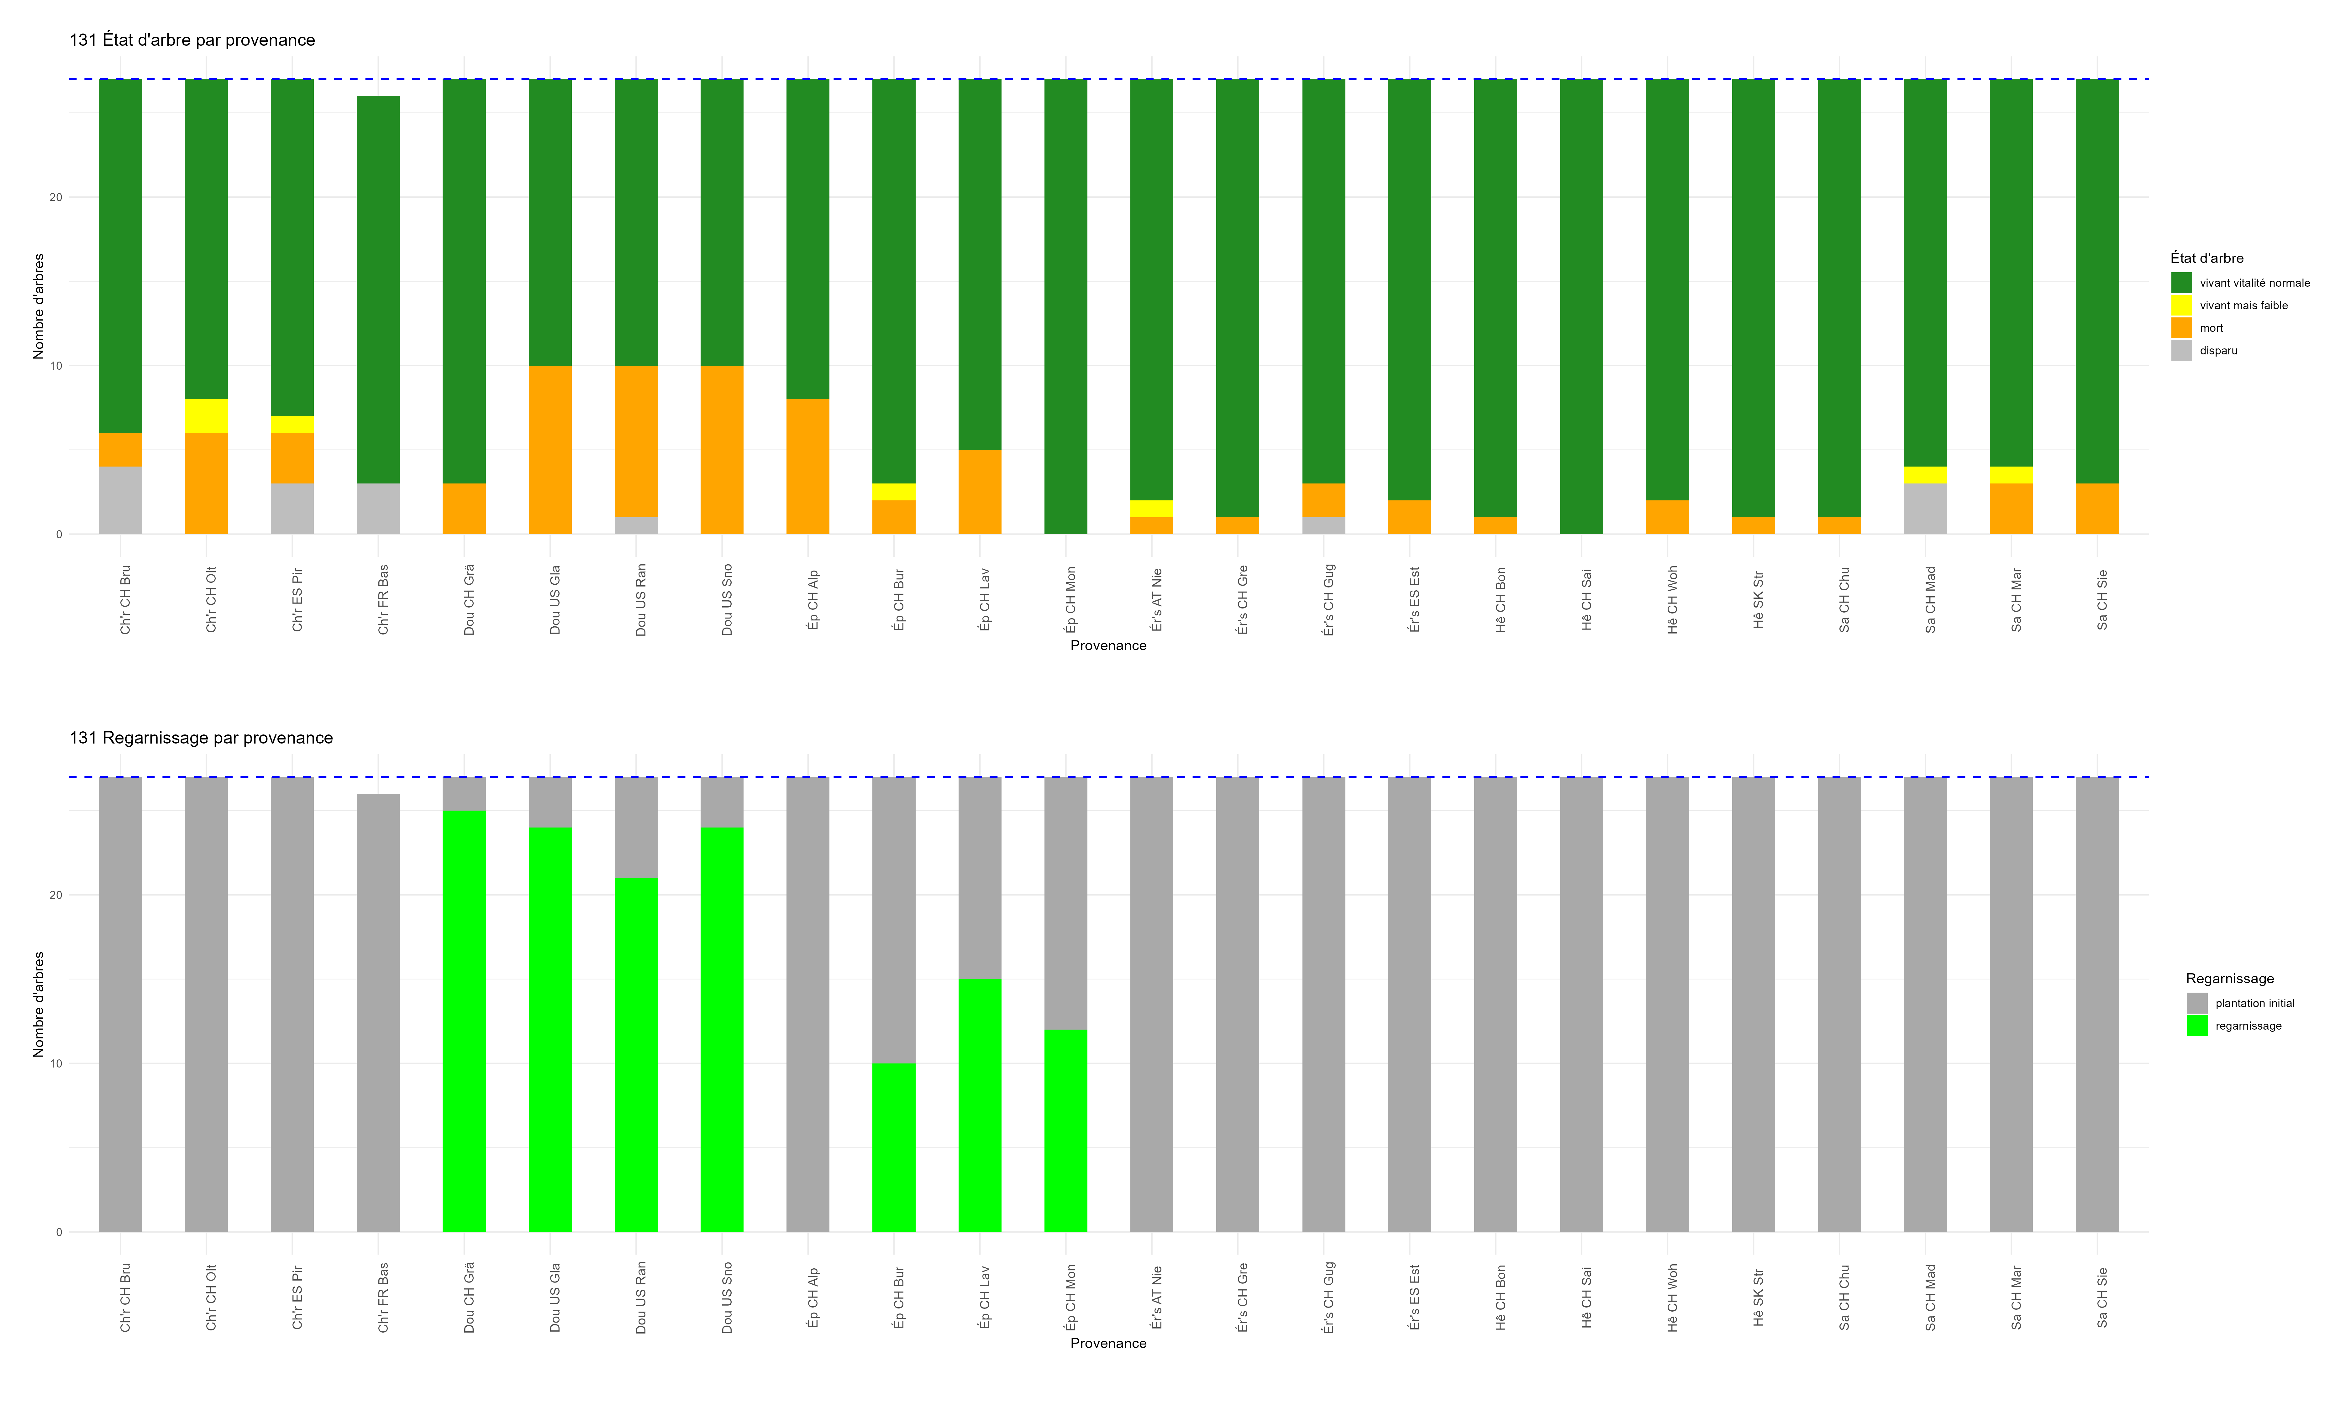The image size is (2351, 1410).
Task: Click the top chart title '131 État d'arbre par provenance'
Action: pos(192,40)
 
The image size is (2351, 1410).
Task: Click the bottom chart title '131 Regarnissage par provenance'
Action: pos(201,738)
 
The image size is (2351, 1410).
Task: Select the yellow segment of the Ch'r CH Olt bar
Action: pos(206,416)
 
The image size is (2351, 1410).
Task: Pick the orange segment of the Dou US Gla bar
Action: pos(550,449)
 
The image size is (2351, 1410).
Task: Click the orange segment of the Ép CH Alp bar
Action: pos(808,467)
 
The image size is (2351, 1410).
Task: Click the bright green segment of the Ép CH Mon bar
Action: pos(1065,1131)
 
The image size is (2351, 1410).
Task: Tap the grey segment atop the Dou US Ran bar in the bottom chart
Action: pos(636,827)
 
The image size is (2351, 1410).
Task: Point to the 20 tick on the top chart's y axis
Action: pos(56,198)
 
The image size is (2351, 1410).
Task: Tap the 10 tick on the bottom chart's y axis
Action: pos(56,1063)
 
